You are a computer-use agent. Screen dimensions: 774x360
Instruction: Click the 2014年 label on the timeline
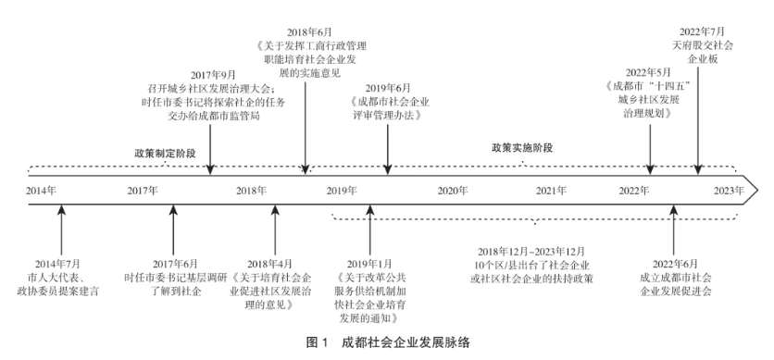pos(41,191)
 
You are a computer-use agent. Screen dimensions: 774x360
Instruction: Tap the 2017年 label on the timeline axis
pos(143,191)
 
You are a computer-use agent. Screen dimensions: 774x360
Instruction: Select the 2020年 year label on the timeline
pos(452,191)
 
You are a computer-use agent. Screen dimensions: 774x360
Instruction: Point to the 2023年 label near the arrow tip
pos(729,191)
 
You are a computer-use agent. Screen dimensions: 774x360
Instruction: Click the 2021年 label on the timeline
pos(552,191)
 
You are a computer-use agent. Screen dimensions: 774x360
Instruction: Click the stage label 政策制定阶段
pos(166,154)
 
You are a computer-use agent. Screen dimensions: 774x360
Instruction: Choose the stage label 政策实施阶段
pos(522,148)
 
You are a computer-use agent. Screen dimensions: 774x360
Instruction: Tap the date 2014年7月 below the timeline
pos(57,264)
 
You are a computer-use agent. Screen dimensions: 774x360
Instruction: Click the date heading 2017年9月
pos(213,76)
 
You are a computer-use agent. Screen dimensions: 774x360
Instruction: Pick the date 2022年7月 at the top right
pos(702,31)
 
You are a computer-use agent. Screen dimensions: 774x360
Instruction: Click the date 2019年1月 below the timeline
pos(369,264)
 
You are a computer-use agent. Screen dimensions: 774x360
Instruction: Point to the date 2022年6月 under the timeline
pos(675,264)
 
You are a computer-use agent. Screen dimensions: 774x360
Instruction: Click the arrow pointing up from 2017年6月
pos(173,230)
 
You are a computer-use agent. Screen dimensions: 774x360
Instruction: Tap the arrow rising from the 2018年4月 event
pos(276,230)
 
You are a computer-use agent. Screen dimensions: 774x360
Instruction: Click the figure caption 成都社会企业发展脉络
pos(406,343)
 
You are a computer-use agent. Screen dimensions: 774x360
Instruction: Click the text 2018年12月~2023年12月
pos(531,252)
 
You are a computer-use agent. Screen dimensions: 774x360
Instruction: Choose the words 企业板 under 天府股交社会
pos(703,59)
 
